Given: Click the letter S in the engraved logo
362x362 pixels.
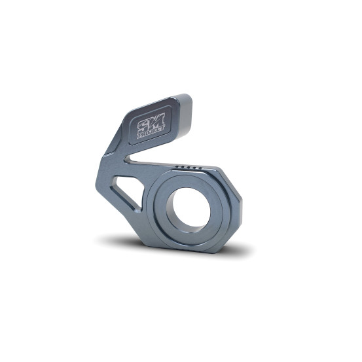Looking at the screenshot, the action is (x=143, y=126).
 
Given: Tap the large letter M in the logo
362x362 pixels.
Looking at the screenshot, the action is (x=156, y=121).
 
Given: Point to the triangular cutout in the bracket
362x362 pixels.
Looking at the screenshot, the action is (x=127, y=192).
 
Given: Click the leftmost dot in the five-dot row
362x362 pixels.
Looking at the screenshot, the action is (x=177, y=166).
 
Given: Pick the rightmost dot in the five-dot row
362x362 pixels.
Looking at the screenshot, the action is (x=200, y=168).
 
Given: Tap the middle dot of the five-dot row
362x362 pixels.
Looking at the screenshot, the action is (x=189, y=167).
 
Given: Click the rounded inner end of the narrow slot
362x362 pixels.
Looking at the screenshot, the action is (x=127, y=158).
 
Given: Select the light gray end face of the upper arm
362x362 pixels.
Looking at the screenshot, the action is (x=185, y=115).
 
